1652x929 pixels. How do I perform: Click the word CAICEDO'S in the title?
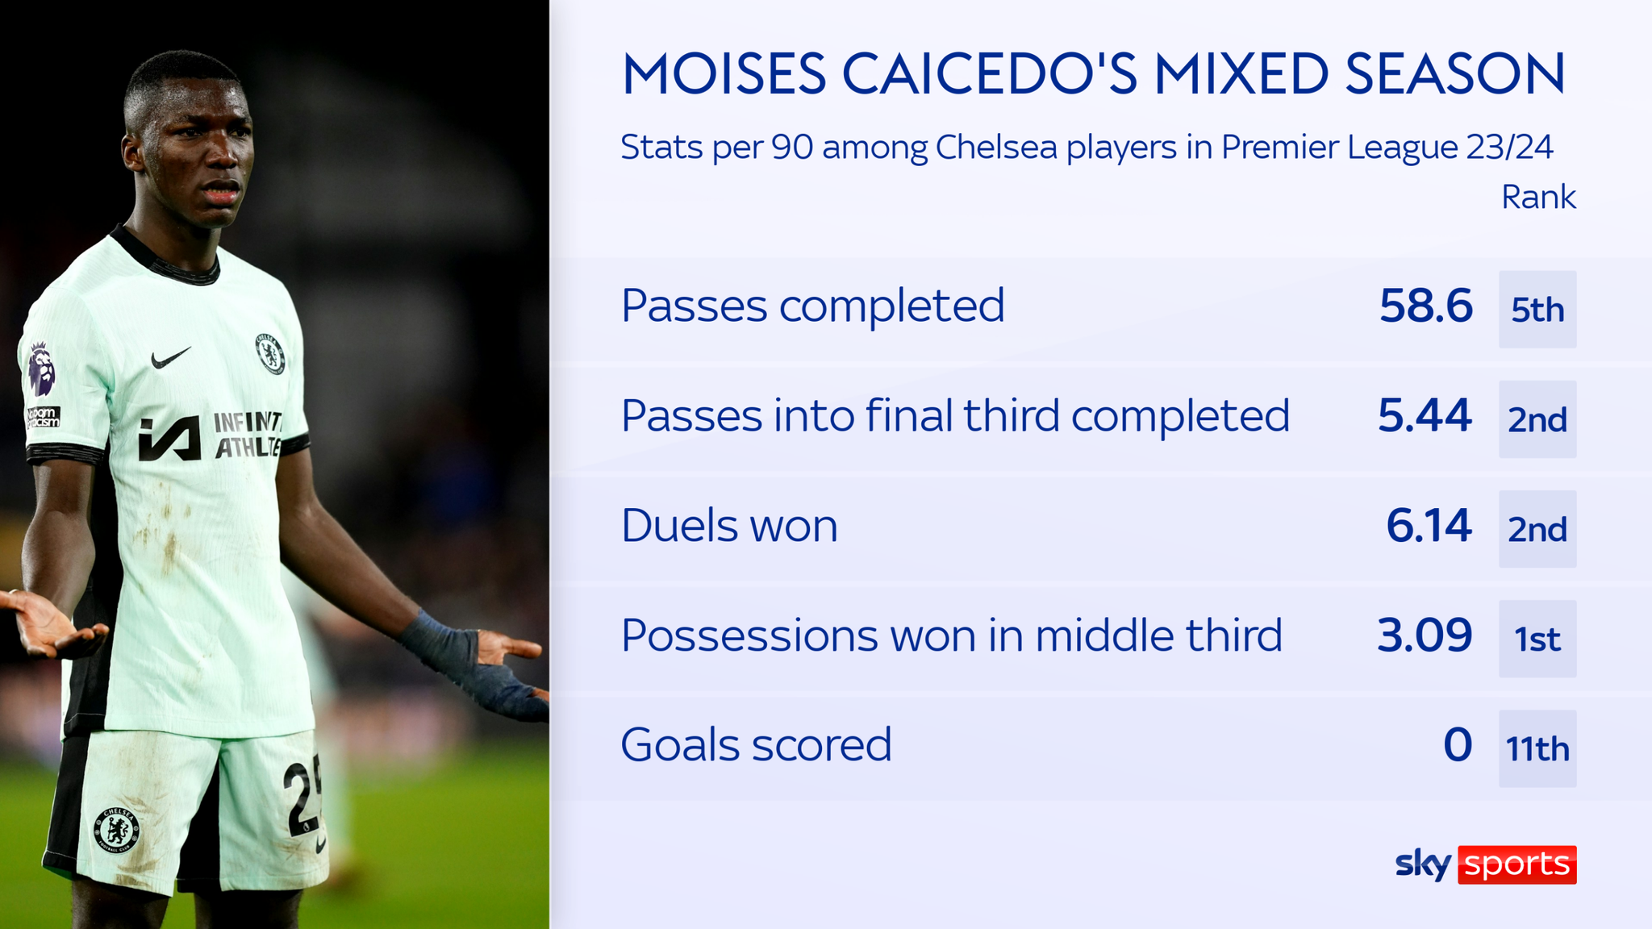[x=989, y=74]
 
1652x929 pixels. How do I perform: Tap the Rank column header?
[x=1537, y=198]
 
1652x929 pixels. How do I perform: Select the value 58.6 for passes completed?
[x=1425, y=306]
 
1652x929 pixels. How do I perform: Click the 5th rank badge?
[x=1537, y=310]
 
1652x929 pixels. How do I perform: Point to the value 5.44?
[x=1425, y=416]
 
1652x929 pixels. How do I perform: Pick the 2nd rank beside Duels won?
[x=1537, y=529]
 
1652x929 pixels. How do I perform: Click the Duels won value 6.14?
[x=1429, y=526]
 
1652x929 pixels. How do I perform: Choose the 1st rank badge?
[x=1537, y=639]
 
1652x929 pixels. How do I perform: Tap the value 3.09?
[x=1425, y=635]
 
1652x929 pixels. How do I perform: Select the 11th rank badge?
[x=1537, y=748]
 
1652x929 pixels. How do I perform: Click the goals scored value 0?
[x=1458, y=745]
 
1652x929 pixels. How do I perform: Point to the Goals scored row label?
[x=756, y=745]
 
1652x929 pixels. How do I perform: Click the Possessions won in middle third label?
[x=951, y=635]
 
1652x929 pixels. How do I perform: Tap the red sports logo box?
[x=1516, y=864]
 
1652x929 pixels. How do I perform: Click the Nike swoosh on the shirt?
[x=170, y=357]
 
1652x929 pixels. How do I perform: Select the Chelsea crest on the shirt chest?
[x=270, y=353]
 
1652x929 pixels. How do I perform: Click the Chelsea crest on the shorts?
[x=118, y=829]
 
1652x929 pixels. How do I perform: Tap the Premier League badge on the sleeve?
[x=41, y=369]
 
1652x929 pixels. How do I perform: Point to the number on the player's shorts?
[x=302, y=794]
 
